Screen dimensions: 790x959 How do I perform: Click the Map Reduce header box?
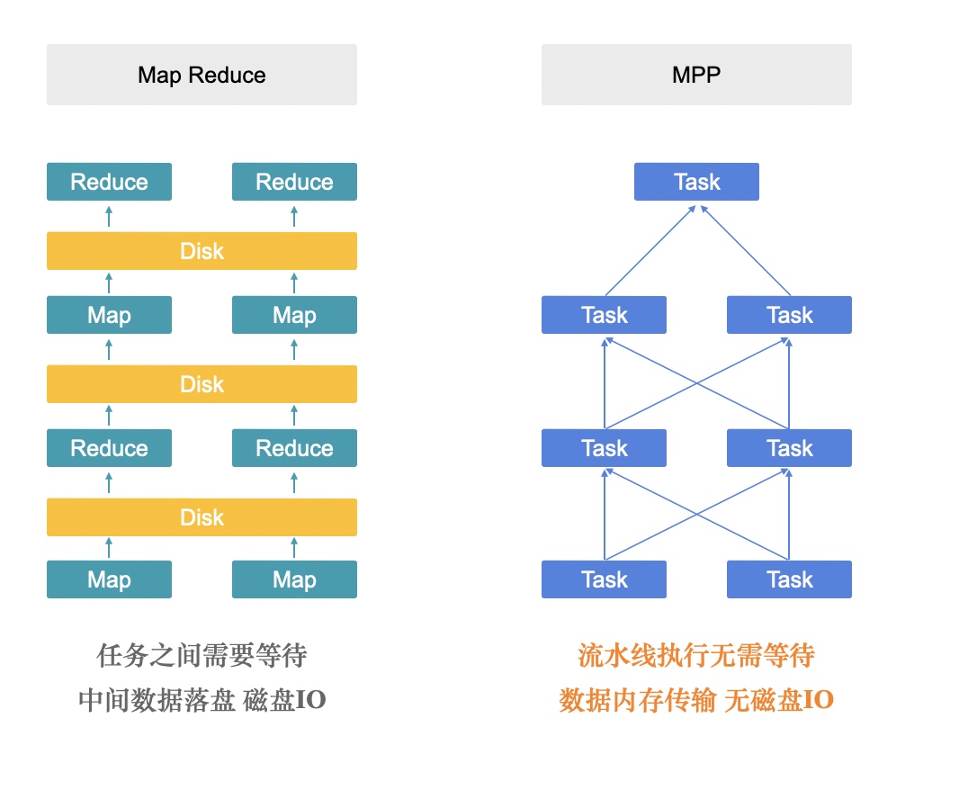tap(202, 75)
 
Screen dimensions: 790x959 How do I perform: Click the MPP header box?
tap(696, 75)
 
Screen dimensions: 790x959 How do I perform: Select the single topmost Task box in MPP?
tap(696, 182)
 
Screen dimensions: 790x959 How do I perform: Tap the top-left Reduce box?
tap(109, 182)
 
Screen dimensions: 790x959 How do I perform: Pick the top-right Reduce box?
tap(294, 182)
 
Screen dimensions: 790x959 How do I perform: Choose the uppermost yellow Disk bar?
tap(202, 251)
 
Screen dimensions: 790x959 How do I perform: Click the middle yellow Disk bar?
tap(202, 384)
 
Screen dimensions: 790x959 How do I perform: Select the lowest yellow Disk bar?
tap(202, 517)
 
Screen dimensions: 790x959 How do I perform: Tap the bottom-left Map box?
tap(109, 579)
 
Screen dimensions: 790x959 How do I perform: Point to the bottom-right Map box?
tap(294, 579)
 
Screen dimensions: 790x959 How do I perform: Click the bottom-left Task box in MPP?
tap(604, 579)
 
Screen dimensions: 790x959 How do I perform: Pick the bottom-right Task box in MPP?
tap(789, 579)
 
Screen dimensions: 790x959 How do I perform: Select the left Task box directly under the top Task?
tap(604, 315)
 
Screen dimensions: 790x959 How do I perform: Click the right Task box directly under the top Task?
tap(789, 315)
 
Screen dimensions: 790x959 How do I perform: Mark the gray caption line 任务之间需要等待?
tap(202, 655)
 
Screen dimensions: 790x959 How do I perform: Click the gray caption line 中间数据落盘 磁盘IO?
tap(202, 700)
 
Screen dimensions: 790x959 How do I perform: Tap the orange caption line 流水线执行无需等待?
tap(696, 655)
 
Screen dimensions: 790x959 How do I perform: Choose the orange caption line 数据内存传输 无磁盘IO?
tap(696, 700)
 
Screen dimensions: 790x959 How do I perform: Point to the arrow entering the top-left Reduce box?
tap(109, 216)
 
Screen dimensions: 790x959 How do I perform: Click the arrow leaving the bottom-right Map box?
tap(294, 548)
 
